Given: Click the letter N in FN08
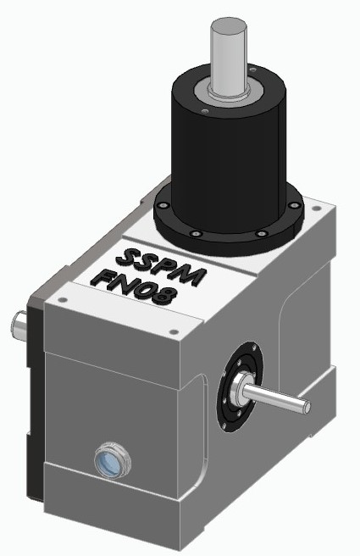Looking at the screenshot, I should point(125,284).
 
